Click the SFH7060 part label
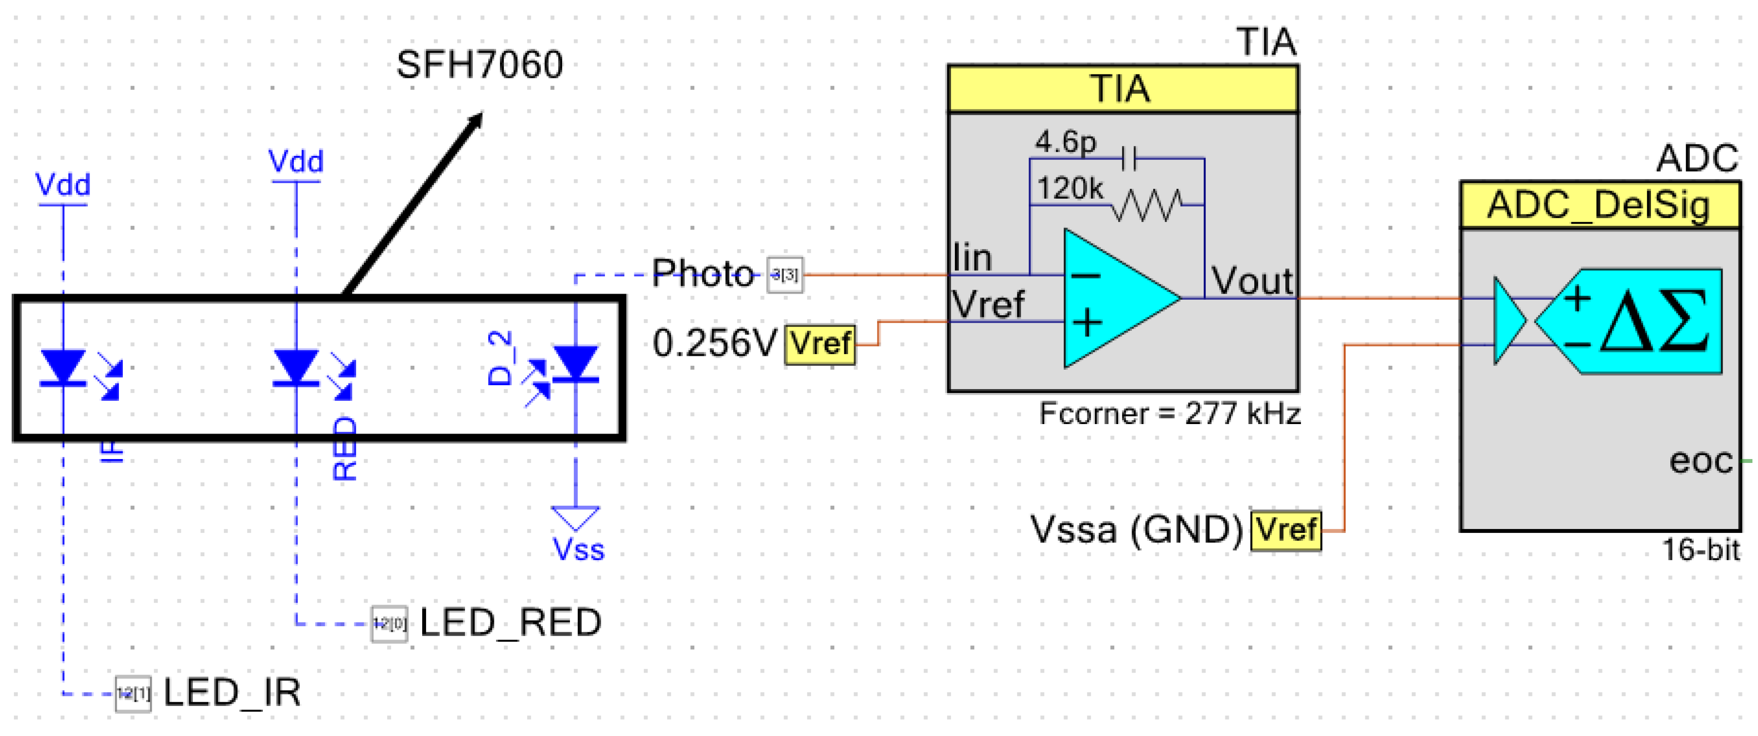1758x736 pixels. click(479, 65)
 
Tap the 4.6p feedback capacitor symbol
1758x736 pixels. click(1129, 160)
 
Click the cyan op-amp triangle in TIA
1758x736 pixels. click(1113, 298)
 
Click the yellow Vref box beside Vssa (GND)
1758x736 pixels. click(1286, 530)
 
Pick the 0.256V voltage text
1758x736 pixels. click(714, 343)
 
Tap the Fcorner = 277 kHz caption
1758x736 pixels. click(1169, 414)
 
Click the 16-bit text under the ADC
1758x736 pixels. click(1700, 550)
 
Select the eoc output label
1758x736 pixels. click(1701, 462)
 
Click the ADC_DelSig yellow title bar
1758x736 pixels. click(1599, 205)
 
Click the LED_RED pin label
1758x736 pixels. click(510, 623)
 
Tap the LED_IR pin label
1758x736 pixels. click(232, 693)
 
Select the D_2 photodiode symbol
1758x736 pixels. click(575, 364)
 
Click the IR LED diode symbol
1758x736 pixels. click(63, 367)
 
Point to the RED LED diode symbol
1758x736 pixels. click(295, 367)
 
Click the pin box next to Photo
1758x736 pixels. click(785, 275)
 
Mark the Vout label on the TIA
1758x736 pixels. click(1251, 281)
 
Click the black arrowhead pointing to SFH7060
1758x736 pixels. click(474, 122)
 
